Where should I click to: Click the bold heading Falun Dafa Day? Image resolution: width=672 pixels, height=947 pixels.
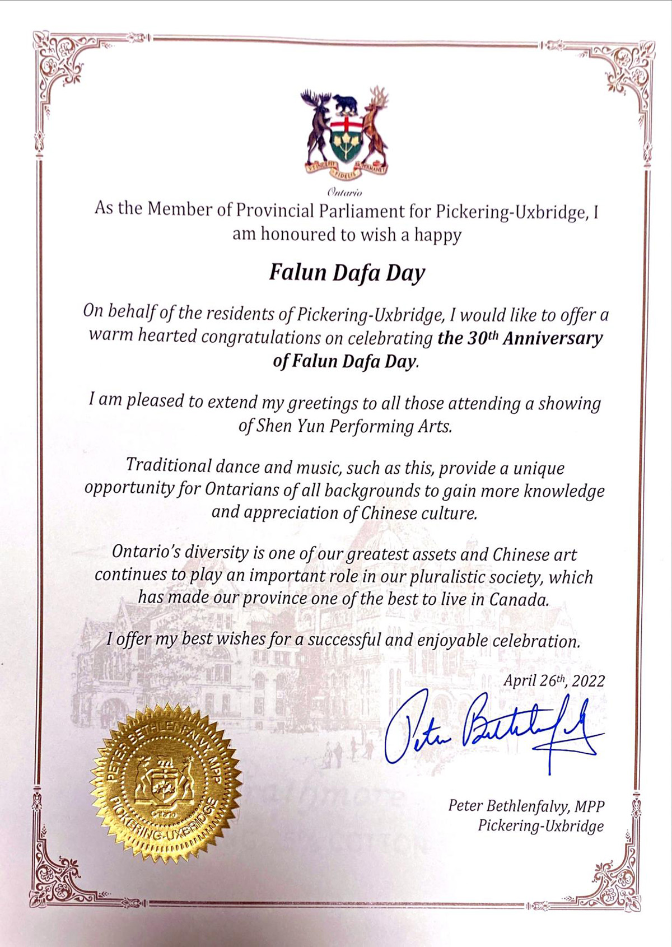pyautogui.click(x=347, y=273)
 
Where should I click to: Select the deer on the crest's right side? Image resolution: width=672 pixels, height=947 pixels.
pyautogui.click(x=375, y=126)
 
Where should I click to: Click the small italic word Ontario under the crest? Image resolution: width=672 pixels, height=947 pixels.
pyautogui.click(x=345, y=193)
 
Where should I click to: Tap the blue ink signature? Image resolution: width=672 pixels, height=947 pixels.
pyautogui.click(x=493, y=728)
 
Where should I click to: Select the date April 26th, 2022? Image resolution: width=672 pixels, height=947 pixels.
pyautogui.click(x=553, y=680)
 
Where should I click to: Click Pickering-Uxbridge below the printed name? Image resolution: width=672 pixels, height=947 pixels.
pyautogui.click(x=540, y=826)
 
